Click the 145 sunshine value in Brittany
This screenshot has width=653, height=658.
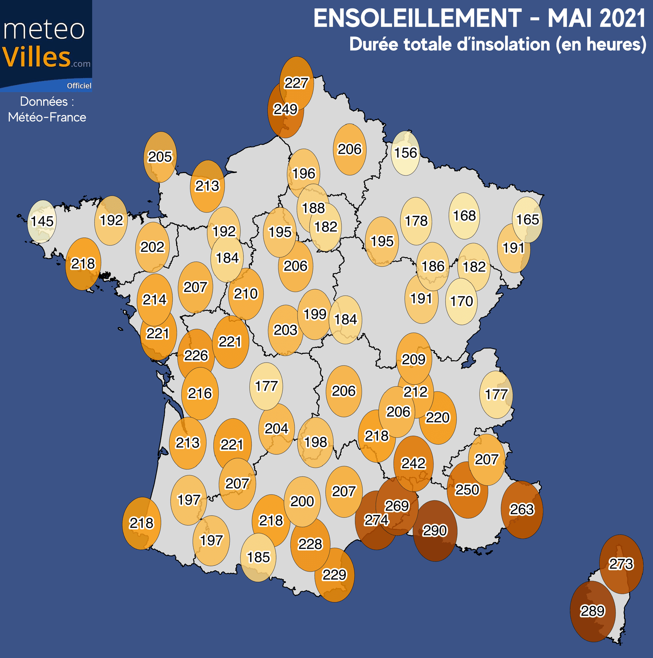coord(42,221)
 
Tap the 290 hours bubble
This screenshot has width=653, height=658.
coord(435,530)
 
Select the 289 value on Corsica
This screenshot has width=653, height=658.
coord(592,611)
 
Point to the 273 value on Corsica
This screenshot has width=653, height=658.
coord(621,564)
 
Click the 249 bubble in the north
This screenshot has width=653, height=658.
coord(286,109)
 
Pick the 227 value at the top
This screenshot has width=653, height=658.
coord(297,83)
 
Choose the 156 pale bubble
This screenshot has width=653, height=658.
coord(405,153)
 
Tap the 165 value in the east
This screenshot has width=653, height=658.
coord(528,220)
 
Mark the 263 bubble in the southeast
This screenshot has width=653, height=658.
coord(522,509)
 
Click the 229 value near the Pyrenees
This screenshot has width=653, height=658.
coord(334,575)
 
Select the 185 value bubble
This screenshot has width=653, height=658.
coord(258,557)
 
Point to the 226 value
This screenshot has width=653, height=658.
coord(196,356)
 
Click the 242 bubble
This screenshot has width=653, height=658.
coord(414,463)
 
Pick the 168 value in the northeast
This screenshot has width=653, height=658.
coord(464,215)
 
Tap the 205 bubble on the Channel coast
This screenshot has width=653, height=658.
coord(160,157)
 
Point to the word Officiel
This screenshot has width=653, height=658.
coord(79,86)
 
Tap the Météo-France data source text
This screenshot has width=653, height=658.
coord(47,117)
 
